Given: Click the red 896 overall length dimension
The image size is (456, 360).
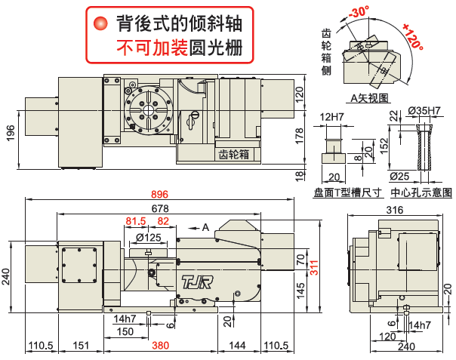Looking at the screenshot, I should click(x=160, y=193).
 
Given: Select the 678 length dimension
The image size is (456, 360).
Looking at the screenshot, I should click(x=160, y=208).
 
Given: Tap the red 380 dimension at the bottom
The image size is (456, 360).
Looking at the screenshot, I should click(x=160, y=346).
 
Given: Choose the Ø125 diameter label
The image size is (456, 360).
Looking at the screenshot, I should click(x=149, y=238).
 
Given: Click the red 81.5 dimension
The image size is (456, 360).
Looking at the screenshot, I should click(x=137, y=221).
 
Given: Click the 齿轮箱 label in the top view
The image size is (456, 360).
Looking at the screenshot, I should click(x=234, y=153).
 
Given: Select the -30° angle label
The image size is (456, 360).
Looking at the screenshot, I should click(x=359, y=13).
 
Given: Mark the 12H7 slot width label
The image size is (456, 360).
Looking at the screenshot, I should click(x=333, y=117).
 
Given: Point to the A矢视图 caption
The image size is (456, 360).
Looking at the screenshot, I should click(x=369, y=98).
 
